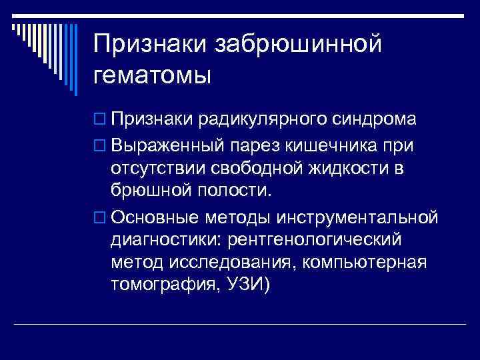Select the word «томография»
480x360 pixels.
(164, 286)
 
